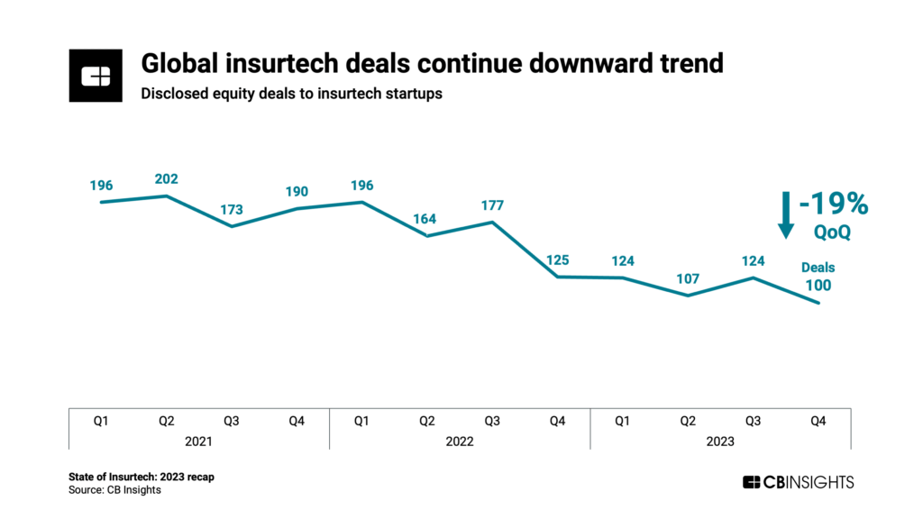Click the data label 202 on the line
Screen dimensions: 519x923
[166, 178]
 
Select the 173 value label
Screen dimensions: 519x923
[232, 210]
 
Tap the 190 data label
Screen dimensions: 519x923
[297, 191]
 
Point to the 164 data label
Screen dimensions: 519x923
[427, 218]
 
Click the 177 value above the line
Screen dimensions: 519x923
[492, 205]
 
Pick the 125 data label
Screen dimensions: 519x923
[557, 260]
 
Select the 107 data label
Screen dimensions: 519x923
[688, 278]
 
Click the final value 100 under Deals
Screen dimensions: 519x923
[818, 286]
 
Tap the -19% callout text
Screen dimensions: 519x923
[833, 205]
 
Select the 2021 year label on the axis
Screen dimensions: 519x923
[198, 442]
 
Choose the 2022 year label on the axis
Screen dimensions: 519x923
[460, 442]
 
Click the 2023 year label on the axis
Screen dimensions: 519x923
[720, 442]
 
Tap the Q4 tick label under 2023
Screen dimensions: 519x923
[818, 420]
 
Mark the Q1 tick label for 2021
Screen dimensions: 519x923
[101, 420]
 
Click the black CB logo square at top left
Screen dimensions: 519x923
[96, 77]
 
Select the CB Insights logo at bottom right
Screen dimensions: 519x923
[798, 482]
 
